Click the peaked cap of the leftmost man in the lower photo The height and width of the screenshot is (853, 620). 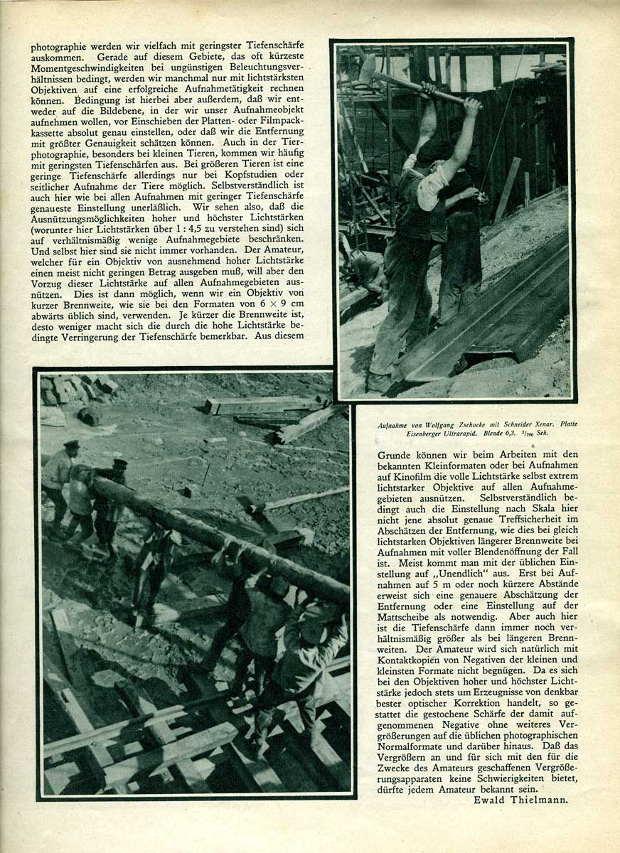pos(71,444)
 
